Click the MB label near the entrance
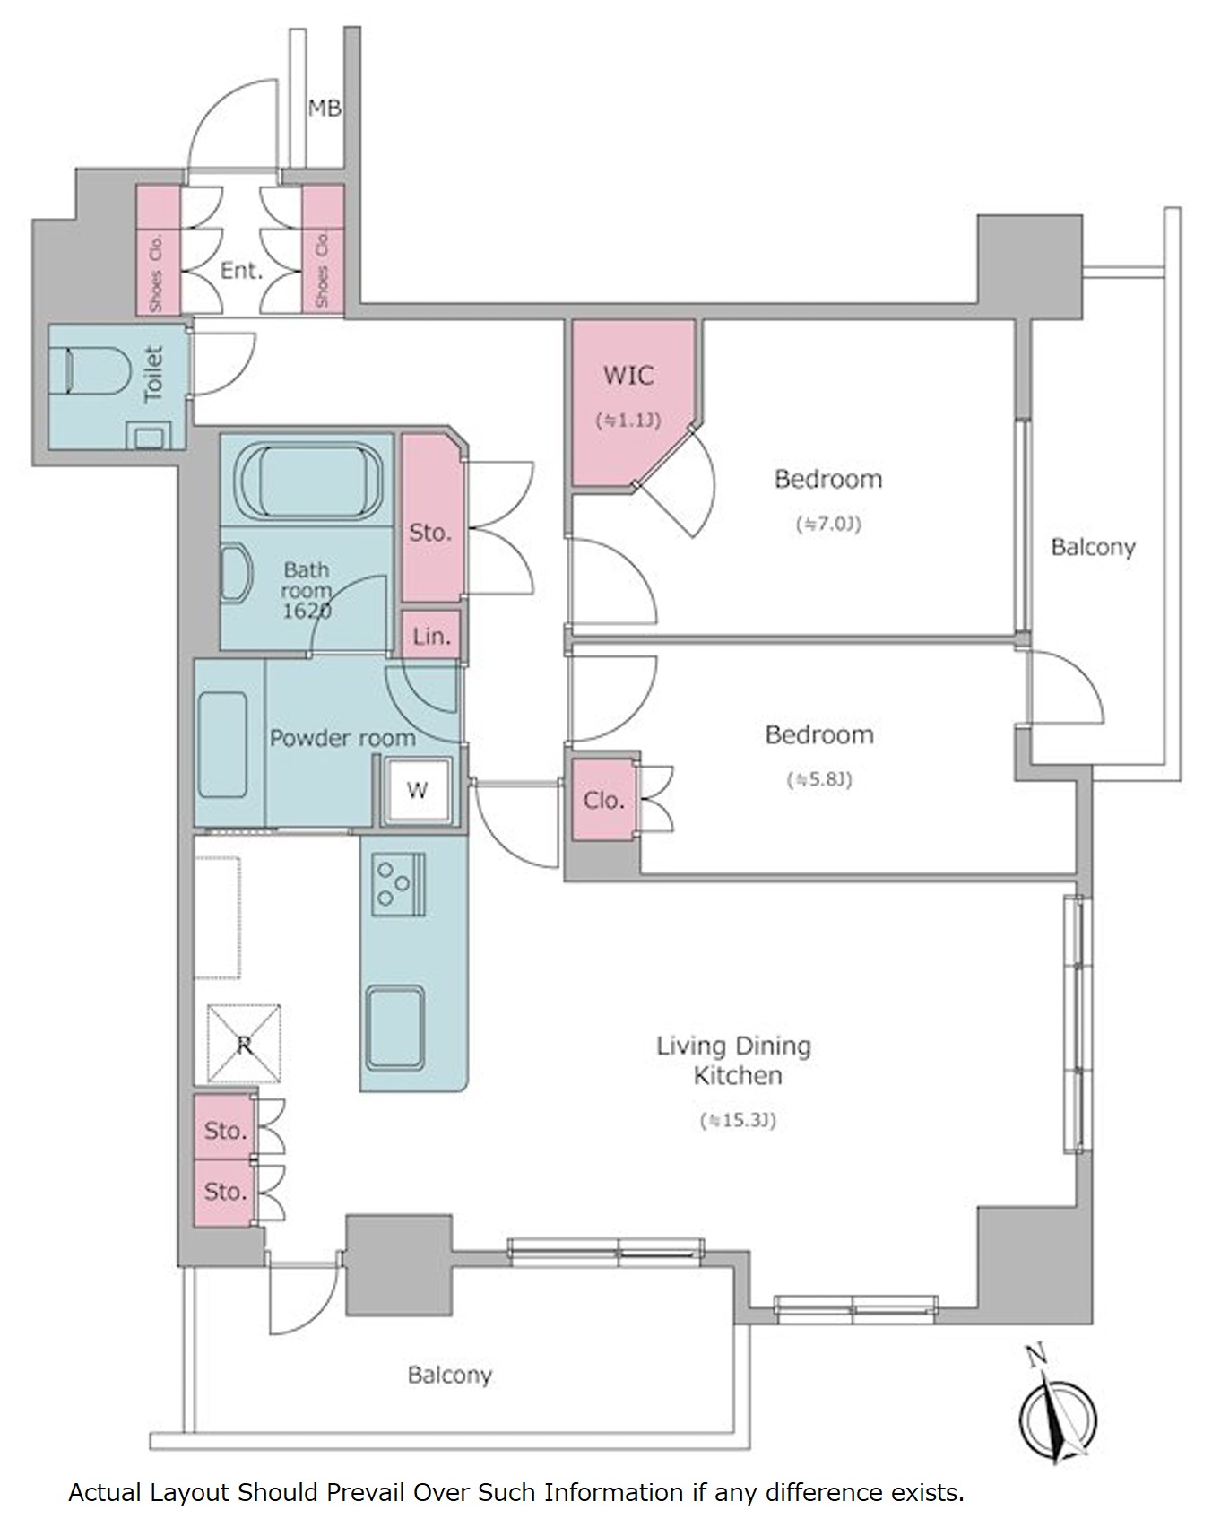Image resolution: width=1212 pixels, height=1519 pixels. pos(325,108)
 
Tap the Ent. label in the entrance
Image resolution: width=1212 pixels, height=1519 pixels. pos(241,270)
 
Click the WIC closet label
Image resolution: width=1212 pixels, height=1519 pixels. pos(628,375)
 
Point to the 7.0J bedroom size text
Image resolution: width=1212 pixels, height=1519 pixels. pos(828,524)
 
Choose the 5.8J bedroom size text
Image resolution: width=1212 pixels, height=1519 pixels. pos(819,779)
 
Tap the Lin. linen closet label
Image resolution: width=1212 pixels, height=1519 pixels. pos(431,637)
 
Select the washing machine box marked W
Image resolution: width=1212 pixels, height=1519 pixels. pos(417,790)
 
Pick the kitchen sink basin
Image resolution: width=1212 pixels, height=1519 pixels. pos(394,1028)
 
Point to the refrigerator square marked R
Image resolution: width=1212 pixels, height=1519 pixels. pos(244,1043)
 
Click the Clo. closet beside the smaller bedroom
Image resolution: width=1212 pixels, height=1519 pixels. pos(603,800)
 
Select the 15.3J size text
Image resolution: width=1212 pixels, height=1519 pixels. pos(738,1120)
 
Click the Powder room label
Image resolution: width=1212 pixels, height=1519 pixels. pos(342,738)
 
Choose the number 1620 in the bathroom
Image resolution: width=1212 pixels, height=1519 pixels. pos(307,612)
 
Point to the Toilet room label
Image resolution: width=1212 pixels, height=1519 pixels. pos(154,373)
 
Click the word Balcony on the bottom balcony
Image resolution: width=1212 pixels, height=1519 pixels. pos(449,1375)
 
